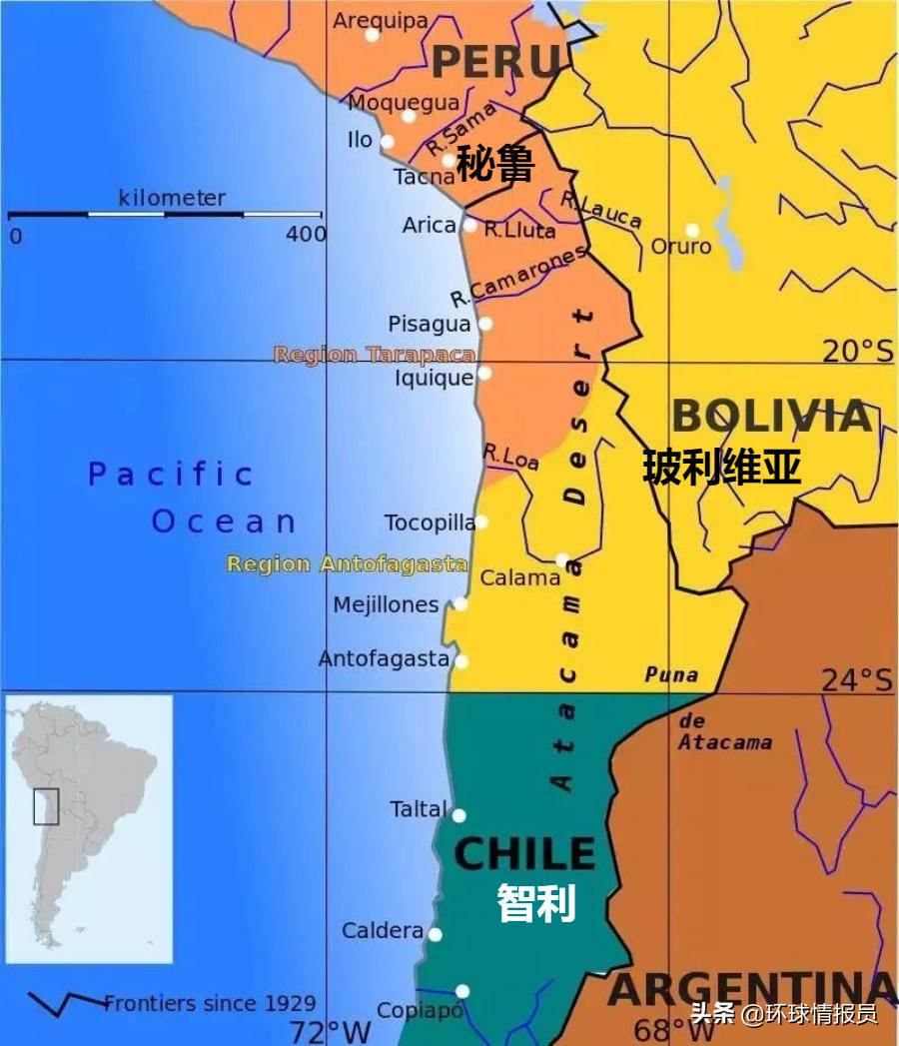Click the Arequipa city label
pyautogui.click(x=380, y=20)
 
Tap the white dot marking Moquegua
pyautogui.click(x=409, y=116)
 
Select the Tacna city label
pyautogui.click(x=425, y=177)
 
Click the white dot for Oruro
pyautogui.click(x=692, y=231)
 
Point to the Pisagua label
pyautogui.click(x=429, y=324)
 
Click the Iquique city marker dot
pyautogui.click(x=484, y=374)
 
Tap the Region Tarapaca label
pyautogui.click(x=375, y=355)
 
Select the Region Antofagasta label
pyautogui.click(x=347, y=564)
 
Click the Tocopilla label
pyautogui.click(x=430, y=523)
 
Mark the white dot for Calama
pyautogui.click(x=562, y=559)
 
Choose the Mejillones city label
pyautogui.click(x=386, y=604)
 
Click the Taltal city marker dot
pyautogui.click(x=458, y=815)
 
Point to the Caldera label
pyautogui.click(x=383, y=930)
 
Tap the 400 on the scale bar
pyautogui.click(x=306, y=235)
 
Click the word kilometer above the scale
pyautogui.click(x=172, y=198)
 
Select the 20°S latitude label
pyautogui.click(x=857, y=351)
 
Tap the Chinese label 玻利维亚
pyautogui.click(x=721, y=467)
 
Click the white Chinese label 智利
pyautogui.click(x=536, y=903)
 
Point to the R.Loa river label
pyautogui.click(x=510, y=456)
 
